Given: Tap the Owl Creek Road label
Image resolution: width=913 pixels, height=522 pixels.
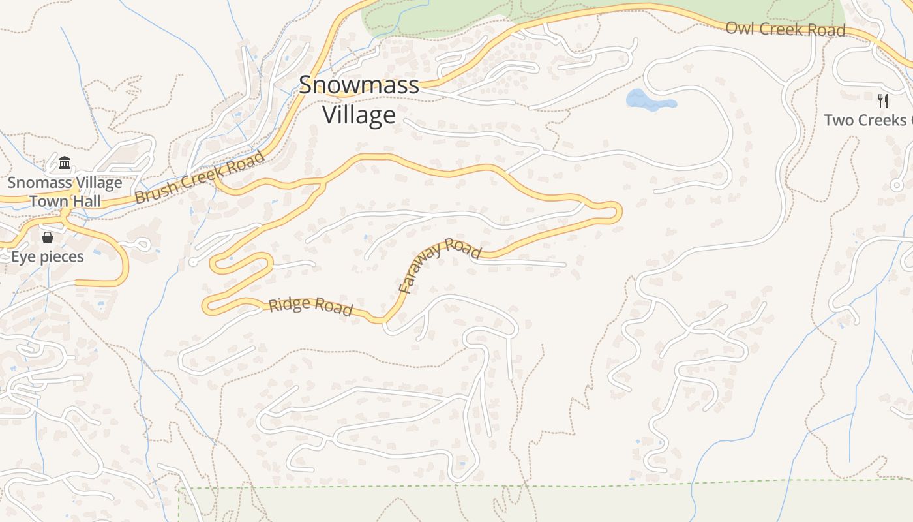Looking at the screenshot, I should pyautogui.click(x=785, y=29).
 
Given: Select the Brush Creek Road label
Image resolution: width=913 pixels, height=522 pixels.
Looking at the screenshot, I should pyautogui.click(x=200, y=177).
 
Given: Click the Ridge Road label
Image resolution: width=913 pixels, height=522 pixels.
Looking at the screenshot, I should pyautogui.click(x=310, y=307).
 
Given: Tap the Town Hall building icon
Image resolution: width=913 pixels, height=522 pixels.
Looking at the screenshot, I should pyautogui.click(x=65, y=162).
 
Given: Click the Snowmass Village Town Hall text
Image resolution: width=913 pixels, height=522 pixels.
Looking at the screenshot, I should pyautogui.click(x=65, y=191).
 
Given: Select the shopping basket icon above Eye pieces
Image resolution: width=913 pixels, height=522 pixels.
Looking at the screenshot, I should pyautogui.click(x=48, y=238).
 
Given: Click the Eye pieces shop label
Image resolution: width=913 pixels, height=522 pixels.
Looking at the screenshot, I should pyautogui.click(x=48, y=256).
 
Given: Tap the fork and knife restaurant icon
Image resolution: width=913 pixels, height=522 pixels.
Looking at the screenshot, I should pyautogui.click(x=883, y=100).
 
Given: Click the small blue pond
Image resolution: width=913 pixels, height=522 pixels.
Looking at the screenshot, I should pyautogui.click(x=649, y=101).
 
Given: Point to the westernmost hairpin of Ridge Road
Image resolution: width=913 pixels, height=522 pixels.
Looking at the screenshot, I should pyautogui.click(x=207, y=306).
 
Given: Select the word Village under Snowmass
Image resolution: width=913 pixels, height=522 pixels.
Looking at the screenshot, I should pyautogui.click(x=359, y=115).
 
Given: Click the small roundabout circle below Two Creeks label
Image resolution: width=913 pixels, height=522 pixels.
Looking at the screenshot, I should pyautogui.click(x=897, y=186).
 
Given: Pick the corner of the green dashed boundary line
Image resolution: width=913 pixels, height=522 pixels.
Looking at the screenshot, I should pyautogui.click(x=179, y=488).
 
